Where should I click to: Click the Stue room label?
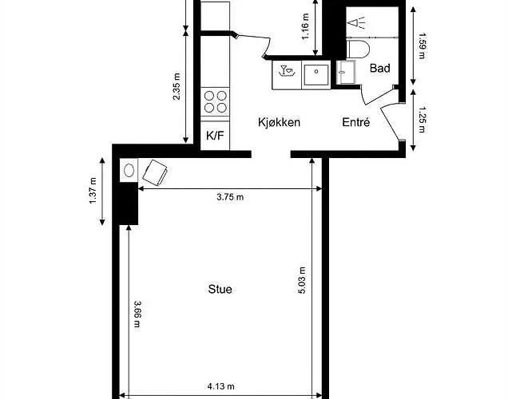[220, 289]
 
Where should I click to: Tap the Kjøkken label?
[279, 122]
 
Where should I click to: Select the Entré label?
[355, 122]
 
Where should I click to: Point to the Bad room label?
[379, 69]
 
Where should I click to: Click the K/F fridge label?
[215, 136]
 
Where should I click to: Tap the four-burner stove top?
[215, 101]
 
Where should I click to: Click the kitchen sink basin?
[316, 75]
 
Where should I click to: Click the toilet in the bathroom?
[358, 49]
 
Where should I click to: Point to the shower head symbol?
[356, 22]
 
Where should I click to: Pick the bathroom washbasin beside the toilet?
[346, 72]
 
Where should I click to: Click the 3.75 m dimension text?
[230, 197]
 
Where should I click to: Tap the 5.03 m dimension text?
[302, 280]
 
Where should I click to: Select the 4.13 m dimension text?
[221, 386]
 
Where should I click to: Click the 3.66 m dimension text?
[137, 314]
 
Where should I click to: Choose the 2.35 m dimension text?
[177, 87]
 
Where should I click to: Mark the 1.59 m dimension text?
[422, 45]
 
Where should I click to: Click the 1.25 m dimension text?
[422, 120]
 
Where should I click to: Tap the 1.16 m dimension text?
[305, 26]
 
